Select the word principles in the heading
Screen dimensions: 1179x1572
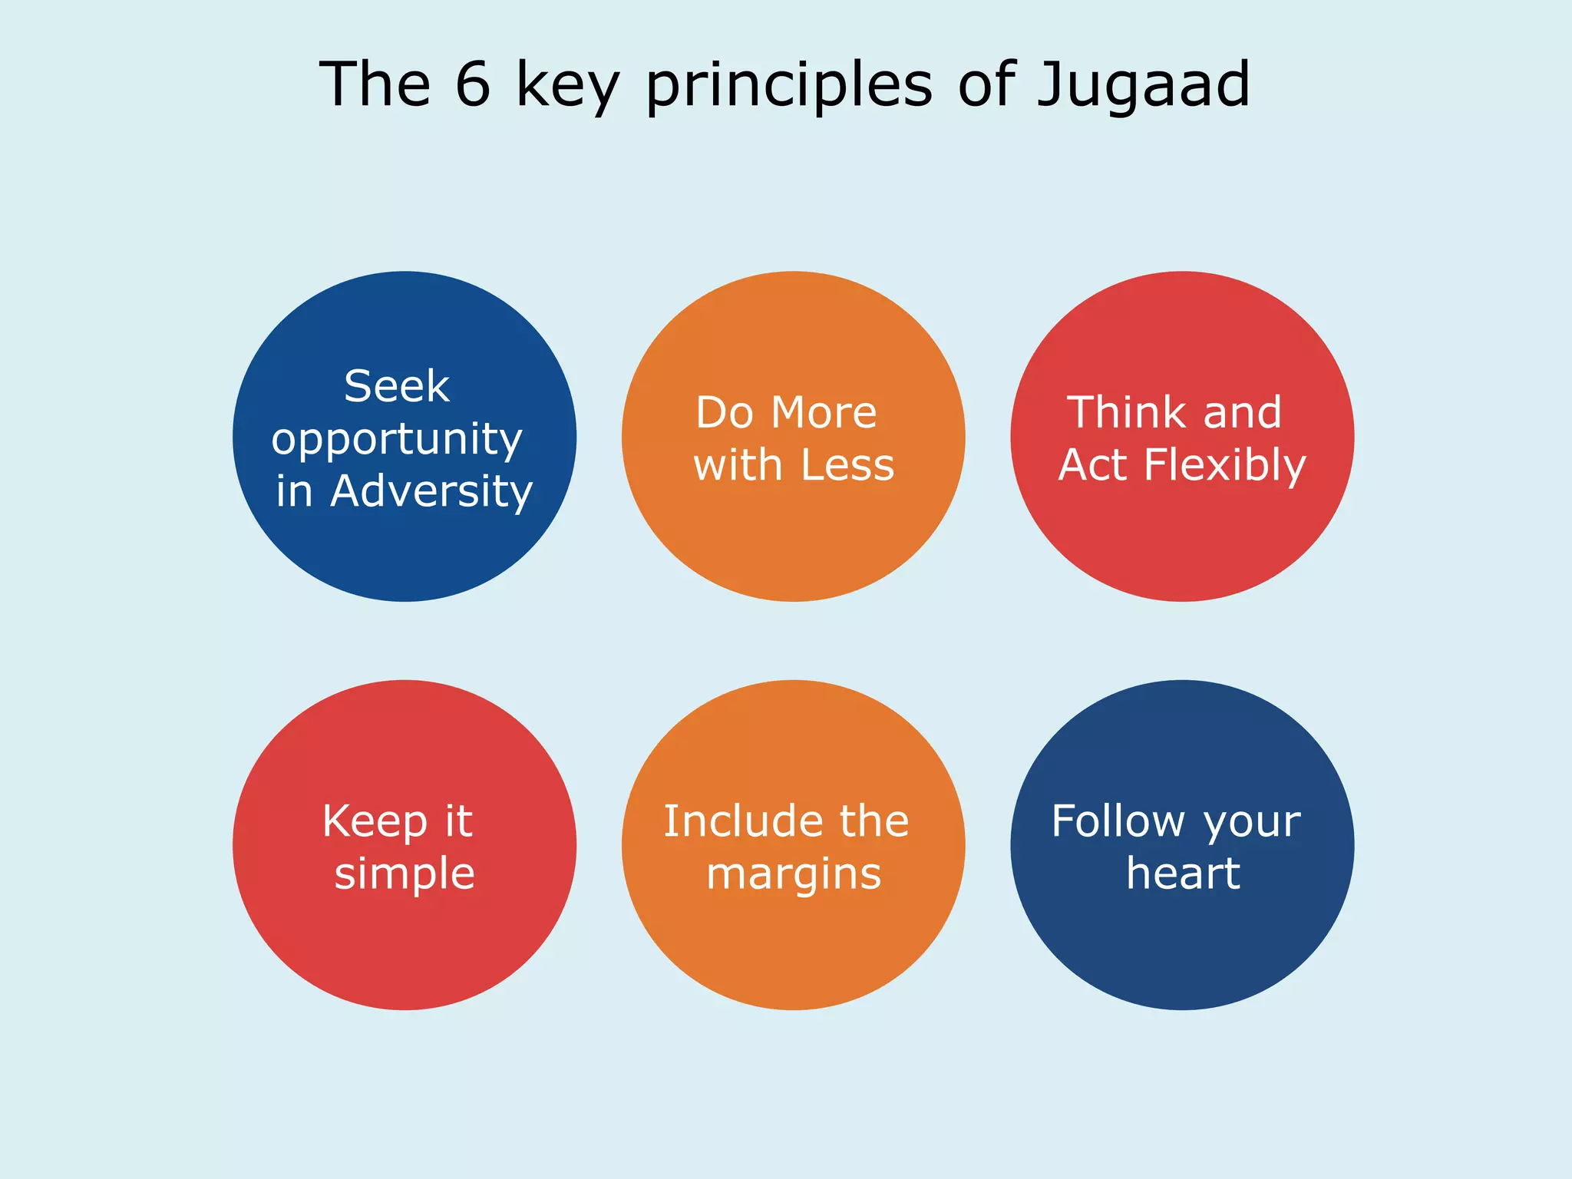[789, 86]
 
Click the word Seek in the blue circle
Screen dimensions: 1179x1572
[396, 386]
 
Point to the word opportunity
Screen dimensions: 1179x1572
[397, 441]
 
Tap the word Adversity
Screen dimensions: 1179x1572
[431, 491]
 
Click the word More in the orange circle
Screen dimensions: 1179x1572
[824, 413]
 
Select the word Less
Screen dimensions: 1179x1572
[847, 465]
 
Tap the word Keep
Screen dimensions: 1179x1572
[375, 823]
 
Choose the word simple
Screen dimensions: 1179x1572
[405, 875]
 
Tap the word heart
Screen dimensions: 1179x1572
[1183, 874]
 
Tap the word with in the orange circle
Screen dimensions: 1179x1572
[738, 465]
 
